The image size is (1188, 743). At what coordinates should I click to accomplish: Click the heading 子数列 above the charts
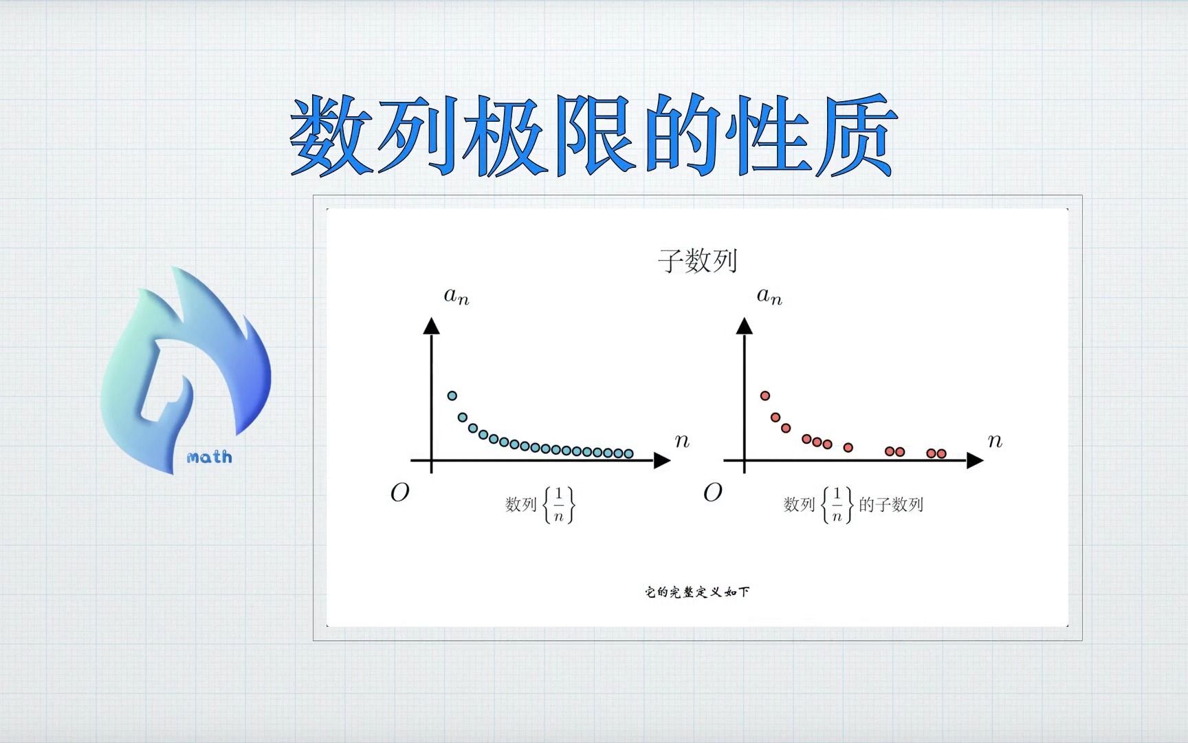coord(697,261)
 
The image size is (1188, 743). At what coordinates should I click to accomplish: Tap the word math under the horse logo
coord(209,457)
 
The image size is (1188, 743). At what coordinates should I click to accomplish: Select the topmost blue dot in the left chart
coord(452,396)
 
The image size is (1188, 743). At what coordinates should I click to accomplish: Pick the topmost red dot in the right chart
coord(764,396)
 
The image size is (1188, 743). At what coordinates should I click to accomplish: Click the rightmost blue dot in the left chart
coord(628,453)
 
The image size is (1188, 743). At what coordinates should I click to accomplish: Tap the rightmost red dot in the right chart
coord(941,453)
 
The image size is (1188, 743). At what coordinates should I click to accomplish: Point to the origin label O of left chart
coord(399,492)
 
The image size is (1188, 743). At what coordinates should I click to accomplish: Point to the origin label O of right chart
coord(712,492)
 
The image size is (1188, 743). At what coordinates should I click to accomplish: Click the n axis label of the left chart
coord(681,441)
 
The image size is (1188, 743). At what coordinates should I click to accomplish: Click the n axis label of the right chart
coord(995,441)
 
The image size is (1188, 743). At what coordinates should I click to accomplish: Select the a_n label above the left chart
coord(456,296)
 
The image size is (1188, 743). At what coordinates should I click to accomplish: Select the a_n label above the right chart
coord(769,296)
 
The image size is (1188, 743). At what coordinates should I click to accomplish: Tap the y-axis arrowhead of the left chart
coord(431,325)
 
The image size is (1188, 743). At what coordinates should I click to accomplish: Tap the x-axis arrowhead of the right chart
coord(976,461)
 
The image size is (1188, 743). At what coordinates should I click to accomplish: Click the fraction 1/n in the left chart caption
coord(558,504)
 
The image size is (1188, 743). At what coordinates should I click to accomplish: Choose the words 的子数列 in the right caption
coord(891,504)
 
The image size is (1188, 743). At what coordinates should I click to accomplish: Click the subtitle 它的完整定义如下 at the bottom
coord(697,592)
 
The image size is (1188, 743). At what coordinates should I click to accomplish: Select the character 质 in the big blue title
coord(856,135)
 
